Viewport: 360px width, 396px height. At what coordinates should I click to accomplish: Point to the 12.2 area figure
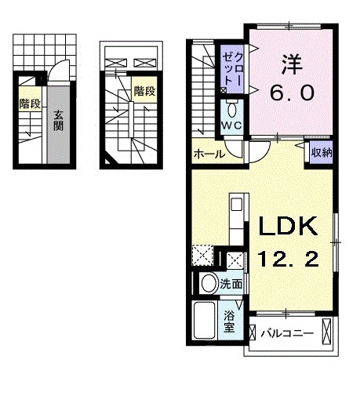coord(288,258)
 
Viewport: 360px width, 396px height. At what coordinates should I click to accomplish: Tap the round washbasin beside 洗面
coord(209,283)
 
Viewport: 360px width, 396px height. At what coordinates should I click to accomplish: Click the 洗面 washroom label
coord(231,283)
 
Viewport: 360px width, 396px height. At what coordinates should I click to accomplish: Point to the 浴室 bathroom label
coord(230,322)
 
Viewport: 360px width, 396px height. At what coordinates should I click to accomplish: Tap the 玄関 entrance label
coord(59,122)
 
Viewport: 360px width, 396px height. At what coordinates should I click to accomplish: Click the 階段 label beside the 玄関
coord(31,103)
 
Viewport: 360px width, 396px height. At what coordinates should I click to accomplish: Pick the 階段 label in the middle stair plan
coord(144,91)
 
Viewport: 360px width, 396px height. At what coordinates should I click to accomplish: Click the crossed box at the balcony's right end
coord(328,332)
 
